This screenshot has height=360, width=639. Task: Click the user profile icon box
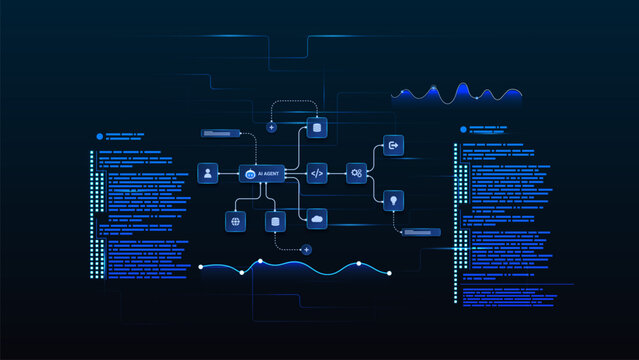point(208,173)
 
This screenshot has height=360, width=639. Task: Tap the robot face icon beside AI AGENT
point(251,174)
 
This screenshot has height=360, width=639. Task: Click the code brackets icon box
point(317,173)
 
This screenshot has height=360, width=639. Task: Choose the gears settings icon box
point(356,173)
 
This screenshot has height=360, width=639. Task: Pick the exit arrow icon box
point(393,146)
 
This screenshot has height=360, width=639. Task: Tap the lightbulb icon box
point(393,200)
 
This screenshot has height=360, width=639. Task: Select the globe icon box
point(235,221)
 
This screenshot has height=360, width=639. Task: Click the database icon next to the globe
point(271,221)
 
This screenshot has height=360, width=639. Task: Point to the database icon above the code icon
point(317,127)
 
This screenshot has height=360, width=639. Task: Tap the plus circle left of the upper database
point(271,128)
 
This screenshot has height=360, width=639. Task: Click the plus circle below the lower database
point(306,249)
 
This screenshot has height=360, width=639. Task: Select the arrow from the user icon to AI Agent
point(228,173)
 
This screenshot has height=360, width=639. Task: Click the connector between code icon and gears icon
point(337,173)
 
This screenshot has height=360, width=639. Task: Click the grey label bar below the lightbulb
point(419,232)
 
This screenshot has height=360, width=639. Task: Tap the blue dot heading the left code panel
point(100,136)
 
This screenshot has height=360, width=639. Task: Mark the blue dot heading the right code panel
point(463,129)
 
